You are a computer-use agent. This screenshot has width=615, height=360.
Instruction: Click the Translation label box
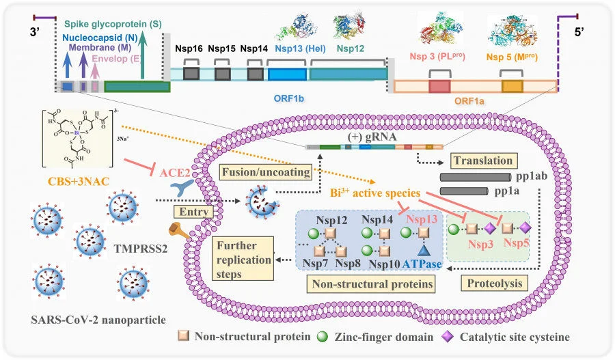(483, 161)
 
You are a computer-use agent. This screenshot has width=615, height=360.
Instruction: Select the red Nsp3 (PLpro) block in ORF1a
(439, 86)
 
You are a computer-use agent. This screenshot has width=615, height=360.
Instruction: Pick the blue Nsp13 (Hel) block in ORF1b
(287, 74)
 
